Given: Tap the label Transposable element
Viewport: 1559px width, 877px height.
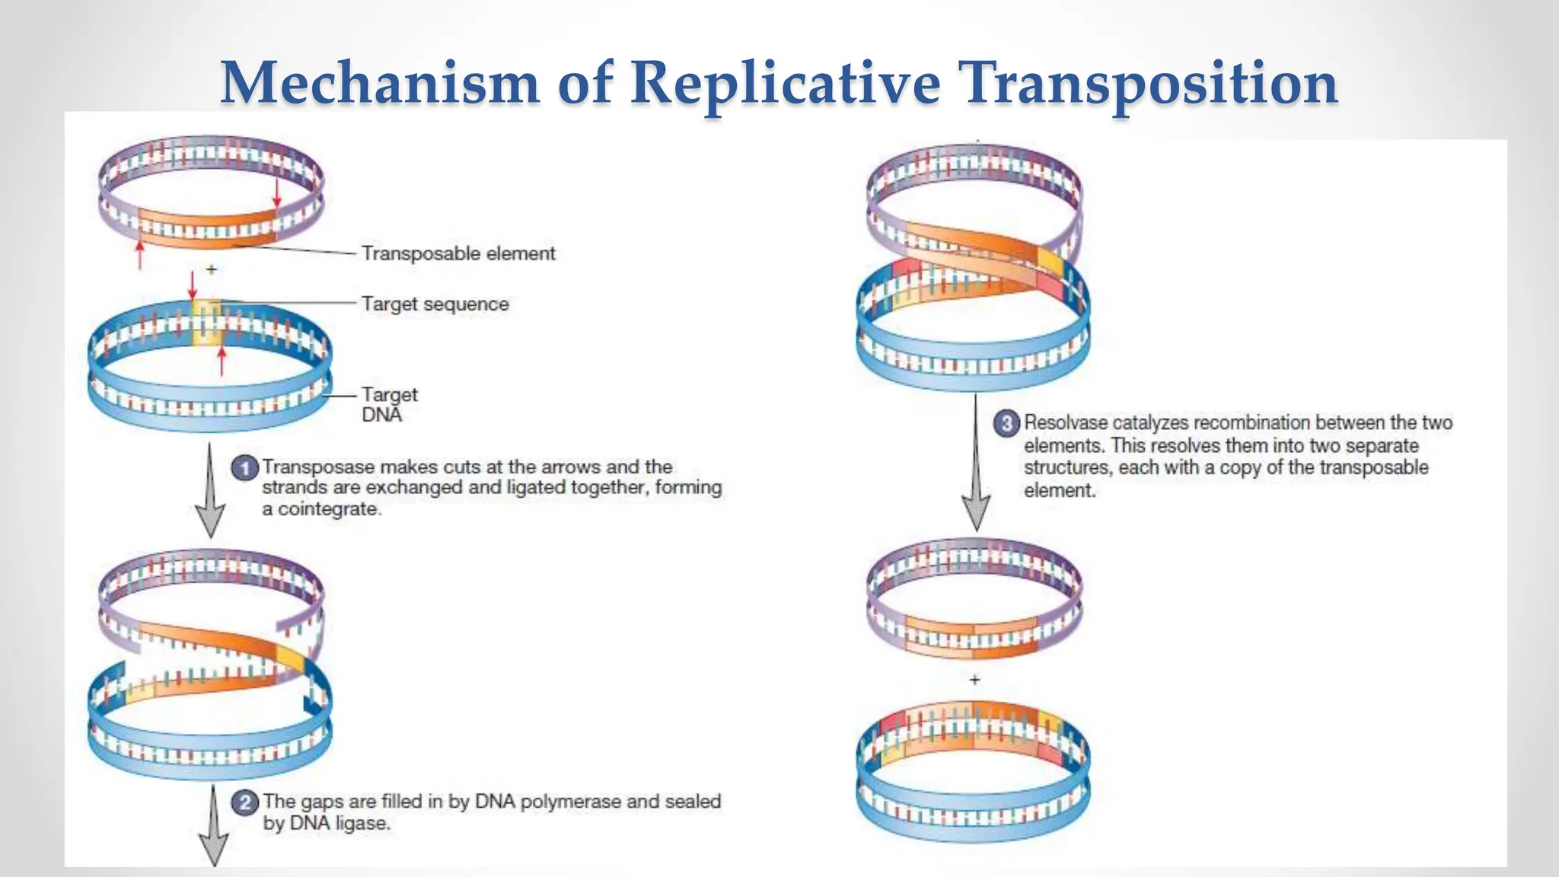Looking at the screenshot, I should [x=458, y=254].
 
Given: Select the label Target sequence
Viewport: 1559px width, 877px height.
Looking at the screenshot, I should [x=435, y=304].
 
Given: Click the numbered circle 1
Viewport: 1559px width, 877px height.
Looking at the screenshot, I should [x=244, y=467].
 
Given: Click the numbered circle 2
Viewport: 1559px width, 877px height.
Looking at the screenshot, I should [x=244, y=802].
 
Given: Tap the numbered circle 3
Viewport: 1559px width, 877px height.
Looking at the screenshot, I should [x=1006, y=423].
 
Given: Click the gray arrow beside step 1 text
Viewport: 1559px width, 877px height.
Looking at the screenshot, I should [x=210, y=491].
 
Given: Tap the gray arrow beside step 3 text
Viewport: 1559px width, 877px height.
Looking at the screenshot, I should [x=976, y=464].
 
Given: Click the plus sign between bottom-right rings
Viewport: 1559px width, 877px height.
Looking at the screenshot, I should [x=975, y=679].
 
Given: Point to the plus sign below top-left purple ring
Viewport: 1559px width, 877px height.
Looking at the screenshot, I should [x=212, y=269].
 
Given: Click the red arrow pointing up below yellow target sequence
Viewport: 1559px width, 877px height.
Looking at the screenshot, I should [x=222, y=361].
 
